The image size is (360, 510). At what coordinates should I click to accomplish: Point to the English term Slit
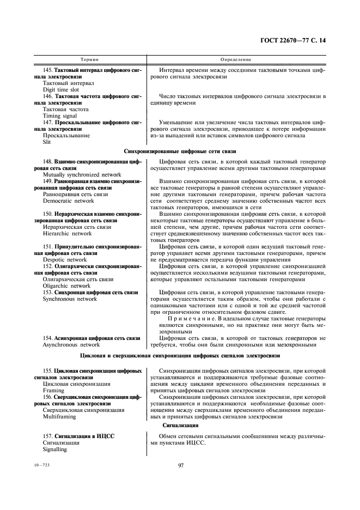point(46,142)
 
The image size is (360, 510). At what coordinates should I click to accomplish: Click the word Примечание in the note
point(190,318)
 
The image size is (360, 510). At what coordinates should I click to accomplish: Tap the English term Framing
point(53,391)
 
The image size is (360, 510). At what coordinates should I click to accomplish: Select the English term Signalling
point(54,450)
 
